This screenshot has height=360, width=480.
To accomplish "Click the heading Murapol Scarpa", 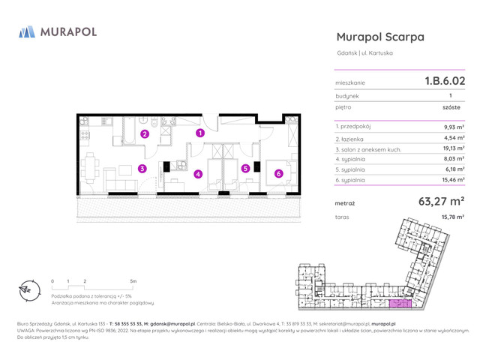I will point(380,37).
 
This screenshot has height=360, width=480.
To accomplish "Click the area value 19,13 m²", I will point(453,148).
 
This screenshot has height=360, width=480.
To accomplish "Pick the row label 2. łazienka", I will point(355,138).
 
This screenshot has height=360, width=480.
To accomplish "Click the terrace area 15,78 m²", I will point(452,217).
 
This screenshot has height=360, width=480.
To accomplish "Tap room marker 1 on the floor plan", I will point(200,133).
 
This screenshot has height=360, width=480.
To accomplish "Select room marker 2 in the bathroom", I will point(145,134).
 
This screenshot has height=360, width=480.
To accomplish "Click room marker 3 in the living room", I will point(142,169).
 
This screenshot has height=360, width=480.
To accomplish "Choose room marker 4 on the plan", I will point(198,174).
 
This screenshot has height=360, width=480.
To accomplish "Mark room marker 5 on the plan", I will point(245,169).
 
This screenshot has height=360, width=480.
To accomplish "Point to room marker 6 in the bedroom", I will point(278,174).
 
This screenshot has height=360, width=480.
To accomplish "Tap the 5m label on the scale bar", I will point(133,280).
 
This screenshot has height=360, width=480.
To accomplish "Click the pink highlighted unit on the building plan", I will point(399,304).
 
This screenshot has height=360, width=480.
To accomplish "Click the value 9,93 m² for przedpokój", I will point(454,127).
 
